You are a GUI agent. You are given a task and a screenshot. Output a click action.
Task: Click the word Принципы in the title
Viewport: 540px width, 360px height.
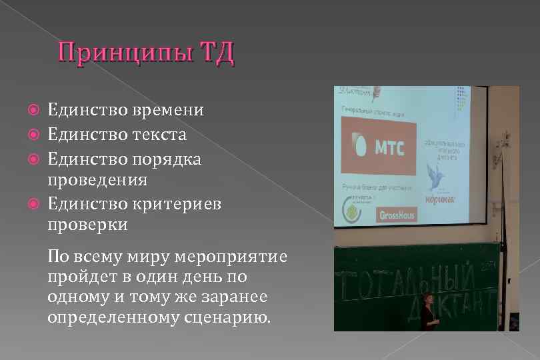[125, 54]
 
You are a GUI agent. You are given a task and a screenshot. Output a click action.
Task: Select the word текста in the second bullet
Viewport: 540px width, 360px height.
[161, 135]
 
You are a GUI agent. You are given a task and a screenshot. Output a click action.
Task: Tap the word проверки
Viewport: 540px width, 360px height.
[87, 225]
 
